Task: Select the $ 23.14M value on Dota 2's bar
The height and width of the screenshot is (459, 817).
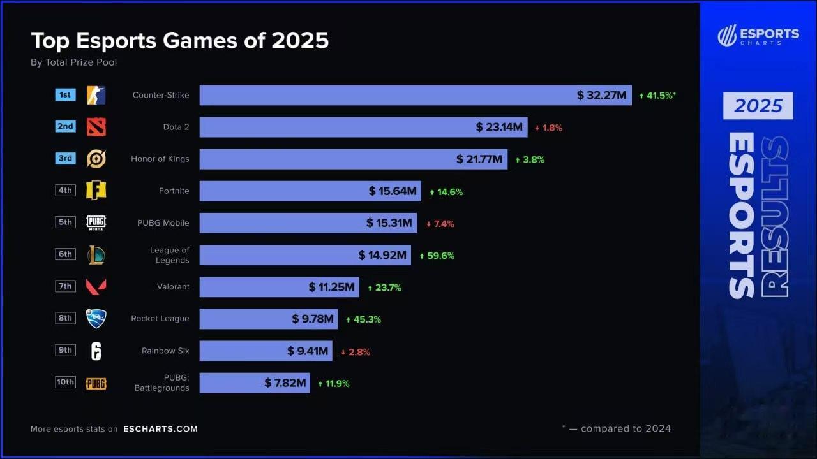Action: click(498, 127)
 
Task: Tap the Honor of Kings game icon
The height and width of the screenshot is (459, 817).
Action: click(96, 159)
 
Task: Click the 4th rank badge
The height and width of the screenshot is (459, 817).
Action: click(65, 190)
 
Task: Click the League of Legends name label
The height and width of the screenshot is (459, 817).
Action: click(170, 255)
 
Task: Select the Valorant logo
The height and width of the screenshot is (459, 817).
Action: click(96, 287)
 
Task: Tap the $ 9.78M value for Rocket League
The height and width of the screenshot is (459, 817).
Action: click(313, 319)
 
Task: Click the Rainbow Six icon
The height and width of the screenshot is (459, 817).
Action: click(96, 351)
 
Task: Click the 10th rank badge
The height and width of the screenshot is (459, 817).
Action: click(65, 382)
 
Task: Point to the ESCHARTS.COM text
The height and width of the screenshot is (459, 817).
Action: click(160, 429)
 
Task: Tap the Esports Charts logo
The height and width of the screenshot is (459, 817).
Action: click(758, 35)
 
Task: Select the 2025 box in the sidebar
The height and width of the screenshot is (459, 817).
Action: click(758, 106)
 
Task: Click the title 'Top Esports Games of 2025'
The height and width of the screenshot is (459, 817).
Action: click(179, 41)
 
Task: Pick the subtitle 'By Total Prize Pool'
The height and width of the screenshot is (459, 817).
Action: click(73, 62)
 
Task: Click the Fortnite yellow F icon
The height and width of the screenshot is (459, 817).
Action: click(96, 191)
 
